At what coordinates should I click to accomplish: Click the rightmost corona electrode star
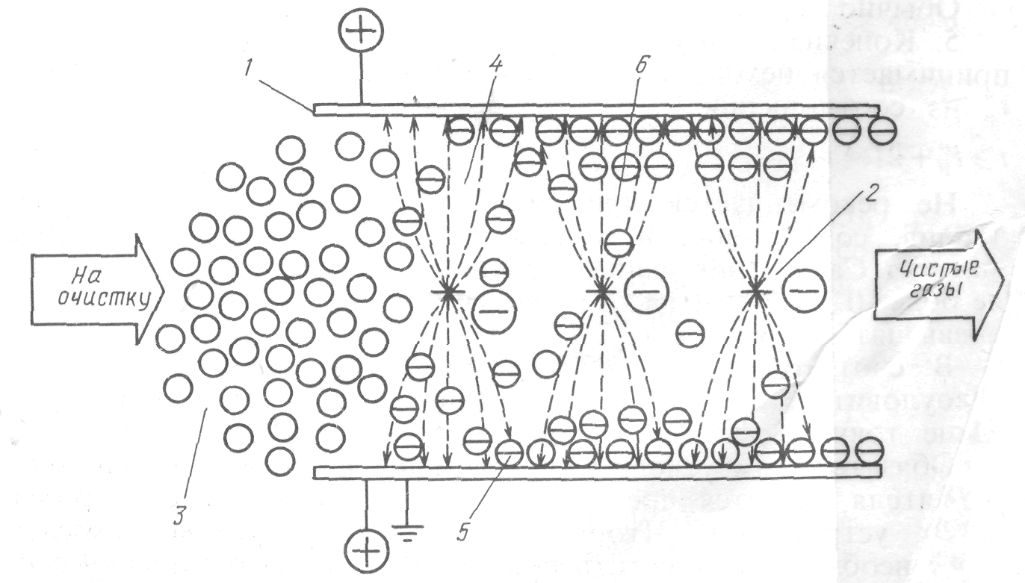tap(756, 290)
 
